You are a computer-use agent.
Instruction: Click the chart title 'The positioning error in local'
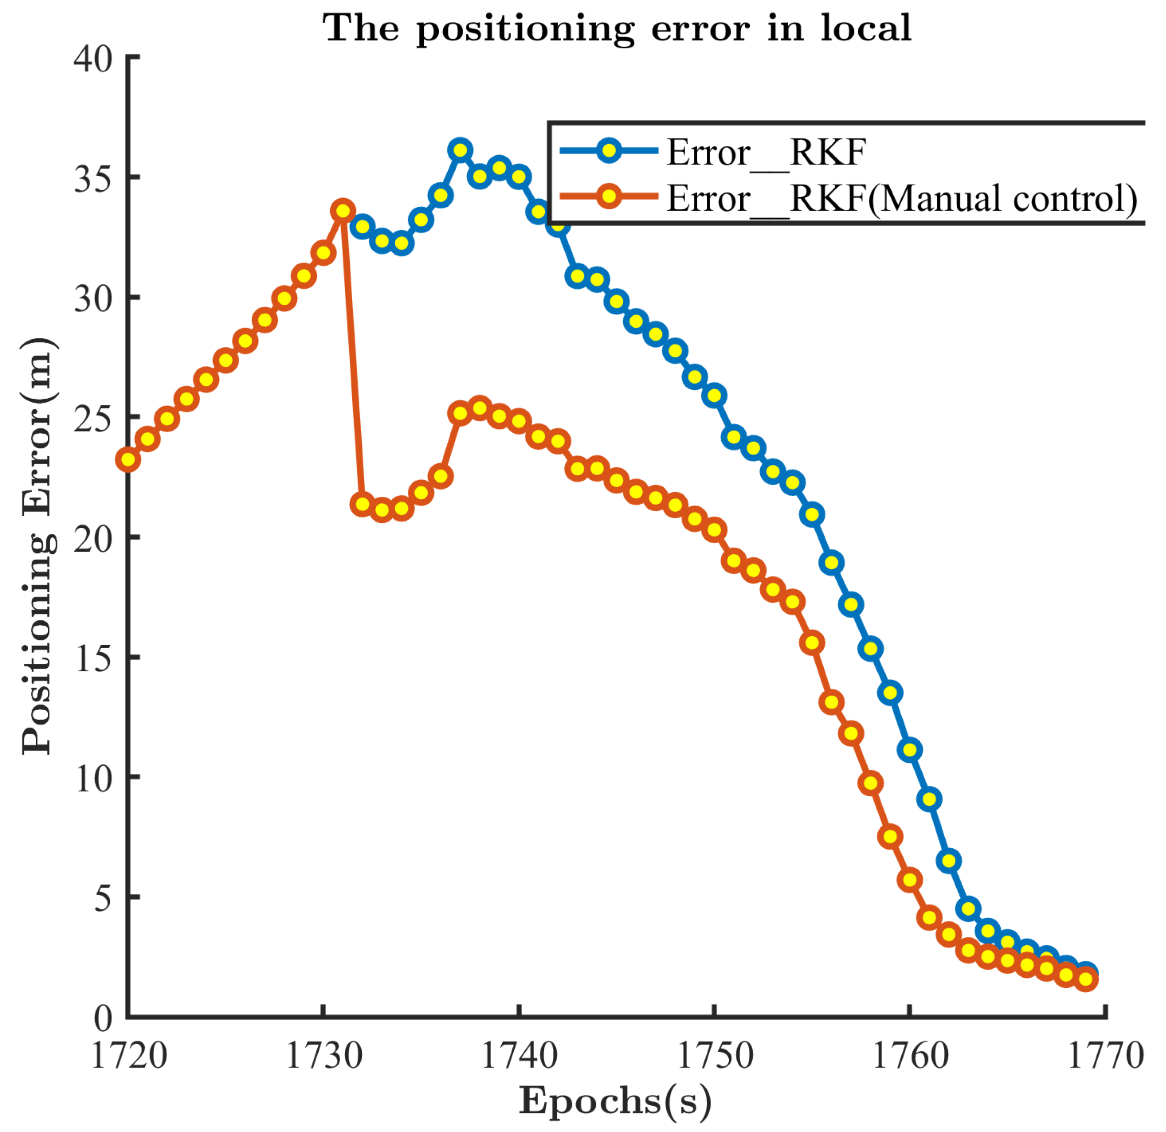pyautogui.click(x=616, y=28)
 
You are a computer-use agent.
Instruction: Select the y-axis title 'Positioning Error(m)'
pyautogui.click(x=38, y=546)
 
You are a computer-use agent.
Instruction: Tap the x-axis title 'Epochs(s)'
pyautogui.click(x=615, y=1100)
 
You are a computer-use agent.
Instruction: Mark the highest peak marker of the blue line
pyautogui.click(x=460, y=150)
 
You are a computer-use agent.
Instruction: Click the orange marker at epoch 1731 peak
pyautogui.click(x=343, y=211)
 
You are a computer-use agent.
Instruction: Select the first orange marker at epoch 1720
pyautogui.click(x=129, y=459)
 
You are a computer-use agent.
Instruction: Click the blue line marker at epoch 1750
pyautogui.click(x=714, y=395)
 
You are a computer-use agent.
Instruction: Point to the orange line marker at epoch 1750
pyautogui.click(x=714, y=530)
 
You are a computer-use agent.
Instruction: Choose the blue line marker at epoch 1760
pyautogui.click(x=909, y=750)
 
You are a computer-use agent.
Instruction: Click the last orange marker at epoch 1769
pyautogui.click(x=1086, y=979)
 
